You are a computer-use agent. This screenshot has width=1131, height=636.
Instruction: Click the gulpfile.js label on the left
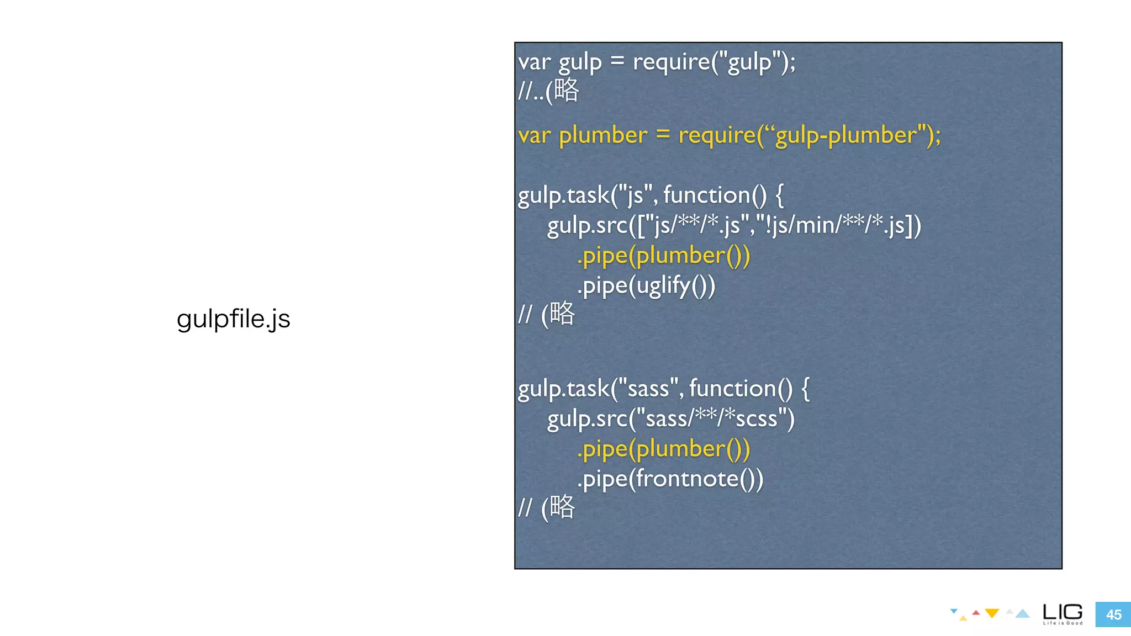[233, 319]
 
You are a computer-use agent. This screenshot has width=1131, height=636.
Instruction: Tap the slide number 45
[1113, 614]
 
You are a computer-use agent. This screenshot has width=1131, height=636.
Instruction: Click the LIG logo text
[1063, 612]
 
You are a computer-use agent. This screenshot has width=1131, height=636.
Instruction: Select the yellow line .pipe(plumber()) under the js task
[663, 256]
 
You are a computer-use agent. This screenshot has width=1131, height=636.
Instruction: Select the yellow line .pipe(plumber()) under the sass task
[663, 449]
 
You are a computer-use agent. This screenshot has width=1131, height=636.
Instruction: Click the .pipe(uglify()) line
[646, 286]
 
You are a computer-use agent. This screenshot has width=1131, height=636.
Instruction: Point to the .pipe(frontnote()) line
[670, 479]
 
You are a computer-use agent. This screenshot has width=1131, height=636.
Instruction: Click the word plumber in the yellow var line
[603, 135]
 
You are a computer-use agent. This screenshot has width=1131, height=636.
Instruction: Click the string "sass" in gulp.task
[648, 389]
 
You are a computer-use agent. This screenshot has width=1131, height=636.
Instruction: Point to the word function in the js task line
[707, 195]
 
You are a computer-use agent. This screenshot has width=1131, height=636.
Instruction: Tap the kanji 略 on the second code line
[567, 89]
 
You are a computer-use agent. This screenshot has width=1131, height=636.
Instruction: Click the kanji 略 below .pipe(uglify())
[562, 314]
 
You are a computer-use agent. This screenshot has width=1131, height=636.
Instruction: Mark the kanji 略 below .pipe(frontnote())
[562, 507]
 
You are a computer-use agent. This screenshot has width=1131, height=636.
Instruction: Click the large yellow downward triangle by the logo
[992, 613]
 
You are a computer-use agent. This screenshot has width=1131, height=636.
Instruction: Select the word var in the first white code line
[534, 62]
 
